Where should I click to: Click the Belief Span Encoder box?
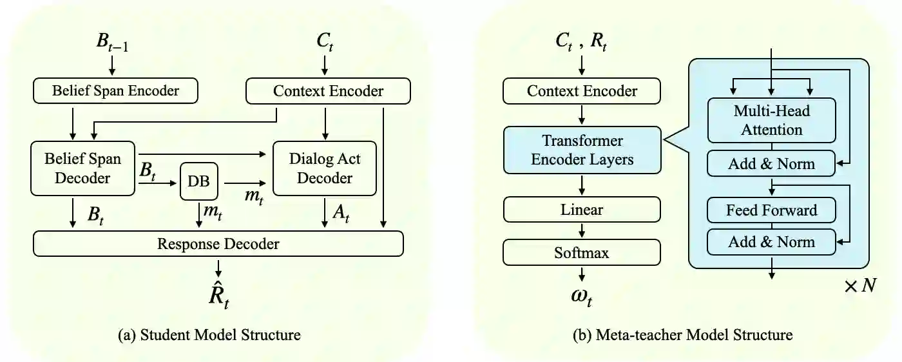click(115, 91)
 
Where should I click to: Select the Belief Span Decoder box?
click(82, 168)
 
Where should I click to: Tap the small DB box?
click(198, 182)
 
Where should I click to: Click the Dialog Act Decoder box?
click(325, 168)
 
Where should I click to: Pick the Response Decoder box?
click(218, 244)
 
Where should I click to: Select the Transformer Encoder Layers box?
click(582, 150)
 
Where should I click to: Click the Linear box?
click(582, 210)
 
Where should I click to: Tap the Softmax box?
click(582, 252)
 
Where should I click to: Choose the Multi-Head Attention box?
click(771, 120)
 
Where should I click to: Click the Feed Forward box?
click(771, 210)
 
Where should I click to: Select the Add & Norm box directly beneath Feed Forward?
click(771, 242)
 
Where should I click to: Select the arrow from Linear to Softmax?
click(582, 230)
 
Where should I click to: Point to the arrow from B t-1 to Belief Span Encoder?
click(112, 65)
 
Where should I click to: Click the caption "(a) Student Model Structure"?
click(218, 335)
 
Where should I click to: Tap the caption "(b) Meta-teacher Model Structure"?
click(683, 335)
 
